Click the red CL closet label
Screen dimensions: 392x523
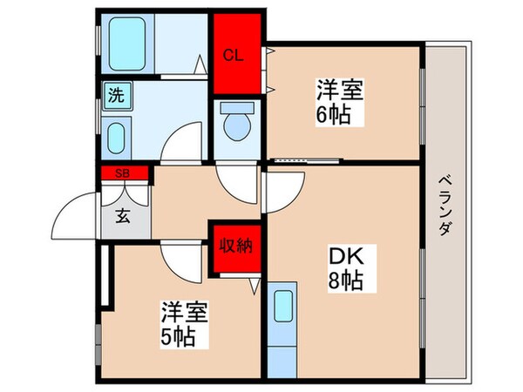point(233,57)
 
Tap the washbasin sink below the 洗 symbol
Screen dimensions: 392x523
point(115,137)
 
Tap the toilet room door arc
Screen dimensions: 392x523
point(236,179)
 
